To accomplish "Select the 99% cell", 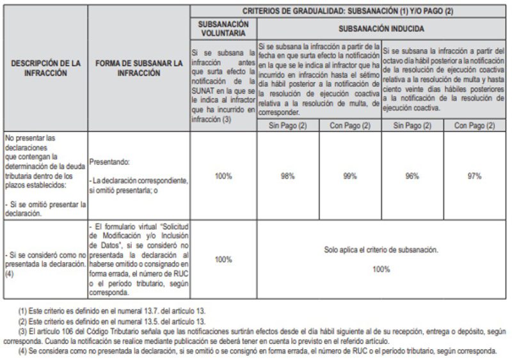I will (x=349, y=176).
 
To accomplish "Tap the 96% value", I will (x=412, y=176).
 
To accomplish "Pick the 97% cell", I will (x=474, y=176).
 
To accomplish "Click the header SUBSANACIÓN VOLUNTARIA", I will (x=223, y=28).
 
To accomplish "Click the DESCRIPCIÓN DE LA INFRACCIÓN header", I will (x=44, y=68).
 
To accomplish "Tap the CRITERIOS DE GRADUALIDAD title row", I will (x=348, y=11).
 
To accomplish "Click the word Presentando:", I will (x=109, y=162).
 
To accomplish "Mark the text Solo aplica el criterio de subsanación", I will (x=381, y=250).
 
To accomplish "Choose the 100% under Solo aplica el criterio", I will (x=381, y=269).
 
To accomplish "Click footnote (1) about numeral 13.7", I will (x=113, y=311).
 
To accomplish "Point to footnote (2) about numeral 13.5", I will (x=113, y=320).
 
